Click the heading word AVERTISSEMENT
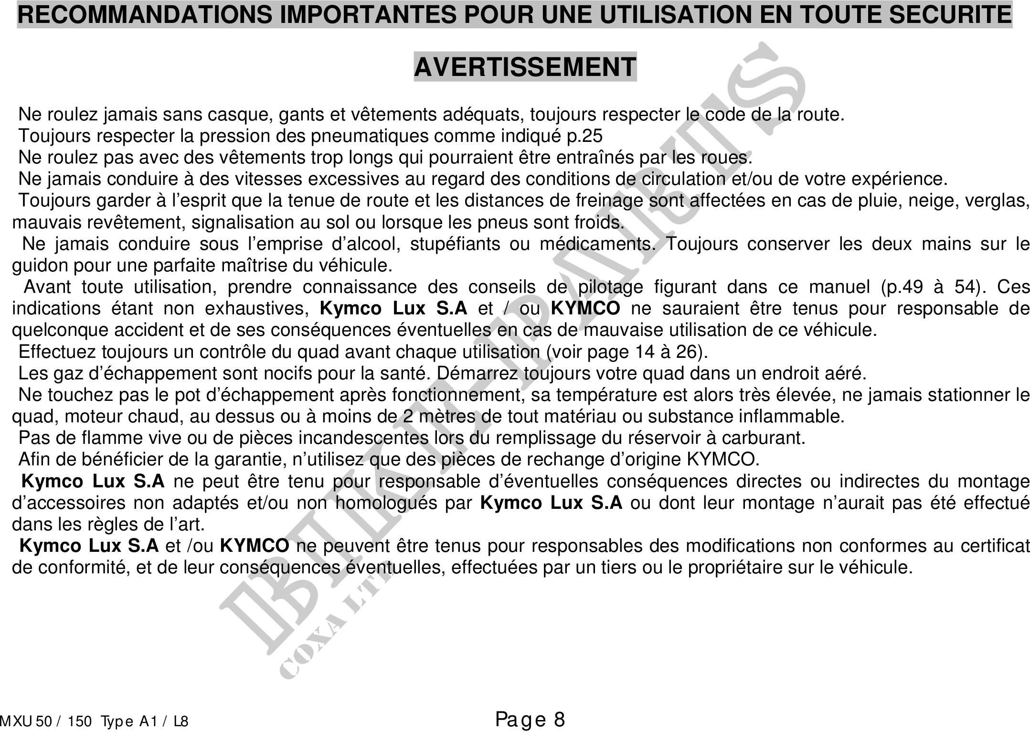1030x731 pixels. point(525,67)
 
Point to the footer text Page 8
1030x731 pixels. point(530,719)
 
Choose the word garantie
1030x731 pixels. point(248,460)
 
